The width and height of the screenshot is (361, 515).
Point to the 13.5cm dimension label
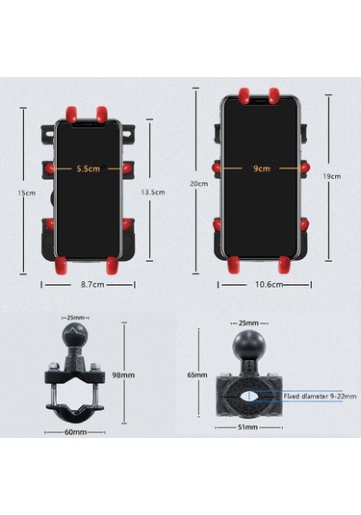[x=153, y=192]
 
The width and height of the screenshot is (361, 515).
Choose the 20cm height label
[x=198, y=184]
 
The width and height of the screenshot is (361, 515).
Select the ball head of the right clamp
[x=249, y=349]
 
